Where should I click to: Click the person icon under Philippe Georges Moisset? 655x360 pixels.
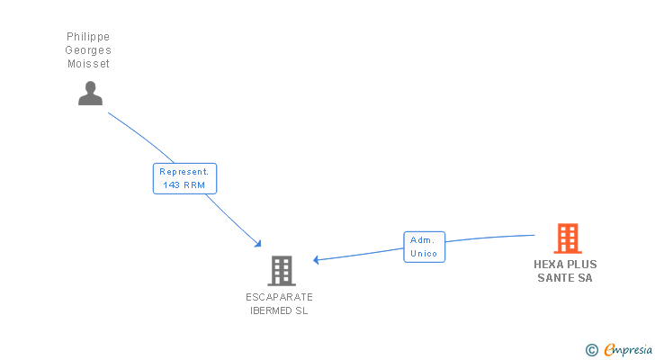pos(90,93)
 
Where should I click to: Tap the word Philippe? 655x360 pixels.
pos(88,37)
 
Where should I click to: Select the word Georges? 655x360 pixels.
pos(88,50)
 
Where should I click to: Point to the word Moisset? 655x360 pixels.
pos(88,64)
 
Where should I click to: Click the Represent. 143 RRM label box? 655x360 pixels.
pos(184,178)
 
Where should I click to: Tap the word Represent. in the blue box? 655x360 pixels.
pos(184,172)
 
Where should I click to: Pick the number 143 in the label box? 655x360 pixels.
pos(171,185)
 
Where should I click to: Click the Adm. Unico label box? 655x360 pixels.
pos(424,247)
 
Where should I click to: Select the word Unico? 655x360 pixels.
pos(424,254)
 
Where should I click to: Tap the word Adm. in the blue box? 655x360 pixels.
pos(422,240)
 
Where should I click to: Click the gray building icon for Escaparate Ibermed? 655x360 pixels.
pos(282,271)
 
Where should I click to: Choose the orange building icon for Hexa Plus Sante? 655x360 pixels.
pos(568,238)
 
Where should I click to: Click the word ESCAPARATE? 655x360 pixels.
pos(279,297)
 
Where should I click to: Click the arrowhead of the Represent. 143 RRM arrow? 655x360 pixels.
pos(258,244)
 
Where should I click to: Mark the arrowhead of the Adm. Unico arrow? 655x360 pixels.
pos(316,260)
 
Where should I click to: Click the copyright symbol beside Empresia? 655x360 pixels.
pos(591,350)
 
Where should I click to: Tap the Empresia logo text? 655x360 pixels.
pos(628,350)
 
